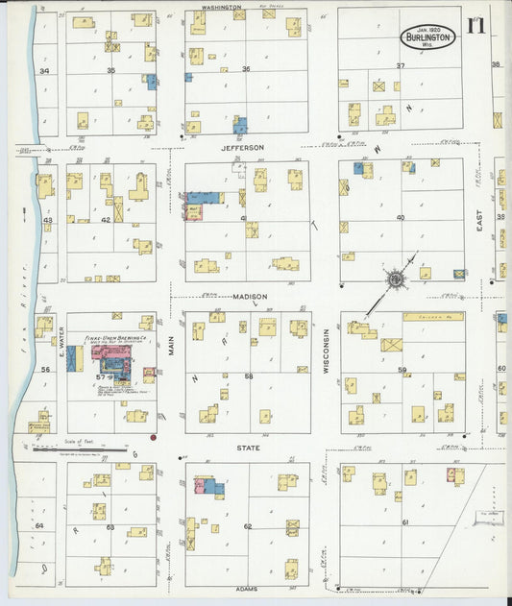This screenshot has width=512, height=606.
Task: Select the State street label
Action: [248, 448]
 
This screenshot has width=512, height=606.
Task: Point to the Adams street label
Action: [247, 588]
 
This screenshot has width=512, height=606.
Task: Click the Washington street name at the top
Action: [220, 7]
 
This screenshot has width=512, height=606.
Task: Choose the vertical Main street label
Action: [173, 345]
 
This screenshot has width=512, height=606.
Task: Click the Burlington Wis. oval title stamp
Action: [428, 37]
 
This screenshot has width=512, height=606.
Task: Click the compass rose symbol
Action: [395, 279]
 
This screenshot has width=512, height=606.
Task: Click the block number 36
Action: [246, 69]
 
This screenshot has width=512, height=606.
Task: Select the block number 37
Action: [401, 66]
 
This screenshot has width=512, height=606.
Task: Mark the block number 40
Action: [401, 217]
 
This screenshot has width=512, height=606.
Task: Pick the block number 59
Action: [403, 370]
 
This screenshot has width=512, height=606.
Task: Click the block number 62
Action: [247, 526]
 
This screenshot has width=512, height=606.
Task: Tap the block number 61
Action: [404, 521]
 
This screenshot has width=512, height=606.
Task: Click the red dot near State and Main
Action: [153, 437]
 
